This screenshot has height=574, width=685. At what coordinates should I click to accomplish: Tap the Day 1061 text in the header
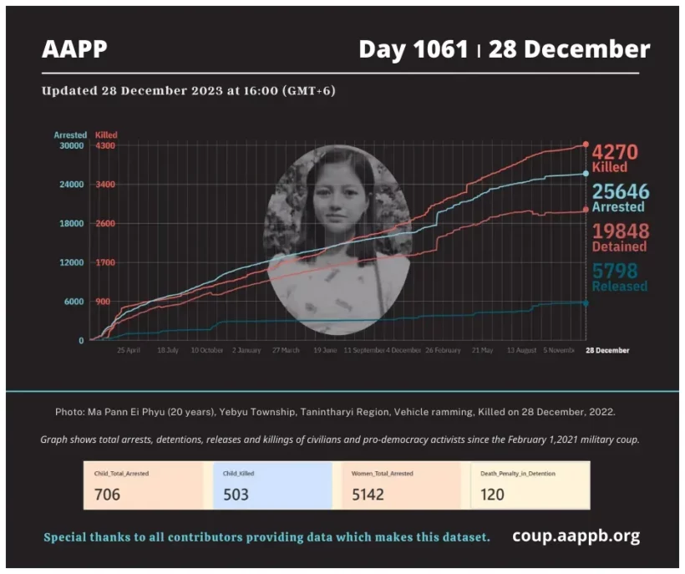tap(413, 50)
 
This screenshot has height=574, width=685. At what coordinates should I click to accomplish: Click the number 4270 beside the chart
tap(615, 153)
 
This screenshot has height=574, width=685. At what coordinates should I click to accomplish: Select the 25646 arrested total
tap(620, 192)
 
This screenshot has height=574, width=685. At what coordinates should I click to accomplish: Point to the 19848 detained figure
tap(619, 231)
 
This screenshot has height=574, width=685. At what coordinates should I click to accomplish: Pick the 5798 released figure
tap(615, 271)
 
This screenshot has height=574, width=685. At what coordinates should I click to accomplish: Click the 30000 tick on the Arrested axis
tap(71, 145)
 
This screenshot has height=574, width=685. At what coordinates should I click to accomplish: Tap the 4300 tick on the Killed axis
tap(105, 145)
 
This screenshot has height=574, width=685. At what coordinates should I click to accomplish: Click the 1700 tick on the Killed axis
tap(105, 262)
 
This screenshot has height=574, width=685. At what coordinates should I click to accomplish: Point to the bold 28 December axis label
tap(606, 351)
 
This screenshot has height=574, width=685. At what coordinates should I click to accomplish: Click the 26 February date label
tap(443, 351)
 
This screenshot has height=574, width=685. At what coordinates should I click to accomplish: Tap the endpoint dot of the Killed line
tap(586, 145)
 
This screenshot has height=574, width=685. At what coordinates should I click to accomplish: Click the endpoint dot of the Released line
tap(586, 303)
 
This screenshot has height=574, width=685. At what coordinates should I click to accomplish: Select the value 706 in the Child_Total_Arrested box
tap(107, 495)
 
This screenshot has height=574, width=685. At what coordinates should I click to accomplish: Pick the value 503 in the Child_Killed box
tap(237, 495)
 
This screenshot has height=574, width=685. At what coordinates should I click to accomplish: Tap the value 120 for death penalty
tap(493, 495)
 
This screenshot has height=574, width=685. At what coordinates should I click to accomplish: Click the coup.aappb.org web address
tap(576, 536)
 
